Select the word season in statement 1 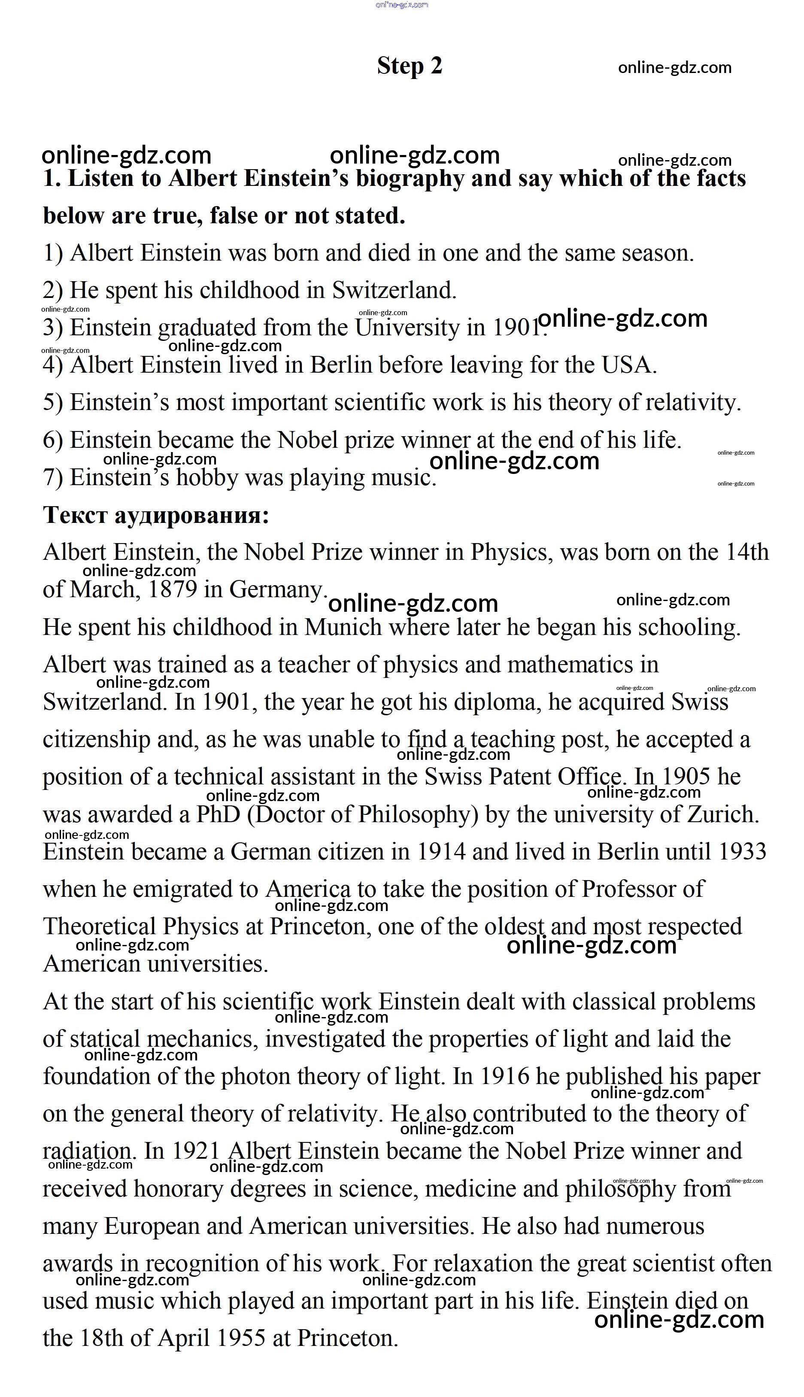pos(657,253)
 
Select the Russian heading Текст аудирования pos(156,515)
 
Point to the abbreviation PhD pos(218,814)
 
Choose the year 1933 pos(742,852)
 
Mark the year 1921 pos(196,1152)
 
